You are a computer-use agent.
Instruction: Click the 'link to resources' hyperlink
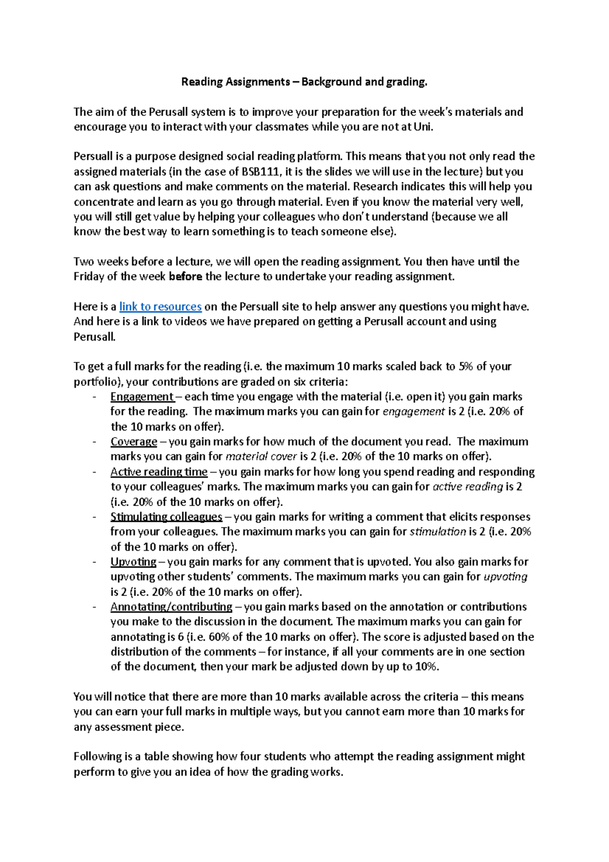click(x=160, y=307)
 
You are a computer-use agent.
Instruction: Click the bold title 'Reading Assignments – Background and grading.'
click(x=304, y=82)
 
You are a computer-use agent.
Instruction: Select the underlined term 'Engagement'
click(x=142, y=396)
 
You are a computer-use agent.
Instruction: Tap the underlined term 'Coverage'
click(x=134, y=442)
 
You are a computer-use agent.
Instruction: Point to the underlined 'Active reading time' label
click(x=159, y=472)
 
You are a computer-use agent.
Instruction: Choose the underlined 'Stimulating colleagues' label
click(x=166, y=517)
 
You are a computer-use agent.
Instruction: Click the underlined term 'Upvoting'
click(x=133, y=562)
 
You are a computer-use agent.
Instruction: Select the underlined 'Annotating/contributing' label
click(x=172, y=607)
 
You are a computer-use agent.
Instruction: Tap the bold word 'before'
click(x=185, y=277)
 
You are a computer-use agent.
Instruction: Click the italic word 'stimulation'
click(x=437, y=532)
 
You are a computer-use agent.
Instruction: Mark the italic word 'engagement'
click(x=414, y=411)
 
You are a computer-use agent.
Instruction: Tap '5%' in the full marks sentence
click(x=466, y=367)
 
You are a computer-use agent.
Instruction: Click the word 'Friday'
click(x=89, y=277)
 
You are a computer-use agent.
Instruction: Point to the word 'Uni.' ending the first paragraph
click(x=424, y=127)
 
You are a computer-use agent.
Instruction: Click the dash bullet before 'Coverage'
click(x=94, y=442)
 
